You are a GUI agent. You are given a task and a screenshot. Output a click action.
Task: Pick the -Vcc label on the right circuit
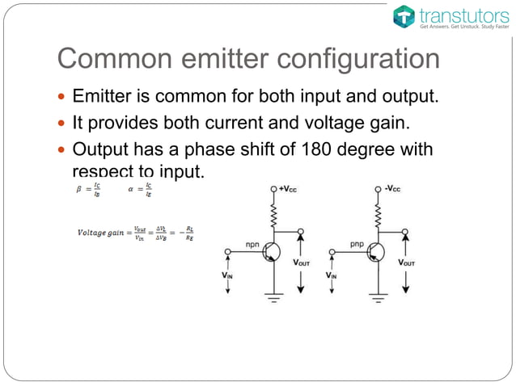tap(392, 189)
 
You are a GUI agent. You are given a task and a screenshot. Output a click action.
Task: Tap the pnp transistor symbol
tap(374, 252)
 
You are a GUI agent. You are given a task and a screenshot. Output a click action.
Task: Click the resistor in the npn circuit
tap(274, 214)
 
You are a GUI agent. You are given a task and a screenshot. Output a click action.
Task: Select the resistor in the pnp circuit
tap(377, 214)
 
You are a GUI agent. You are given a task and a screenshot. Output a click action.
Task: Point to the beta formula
tap(87, 190)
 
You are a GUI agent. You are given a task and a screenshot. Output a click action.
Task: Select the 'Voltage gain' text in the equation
tap(102, 233)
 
